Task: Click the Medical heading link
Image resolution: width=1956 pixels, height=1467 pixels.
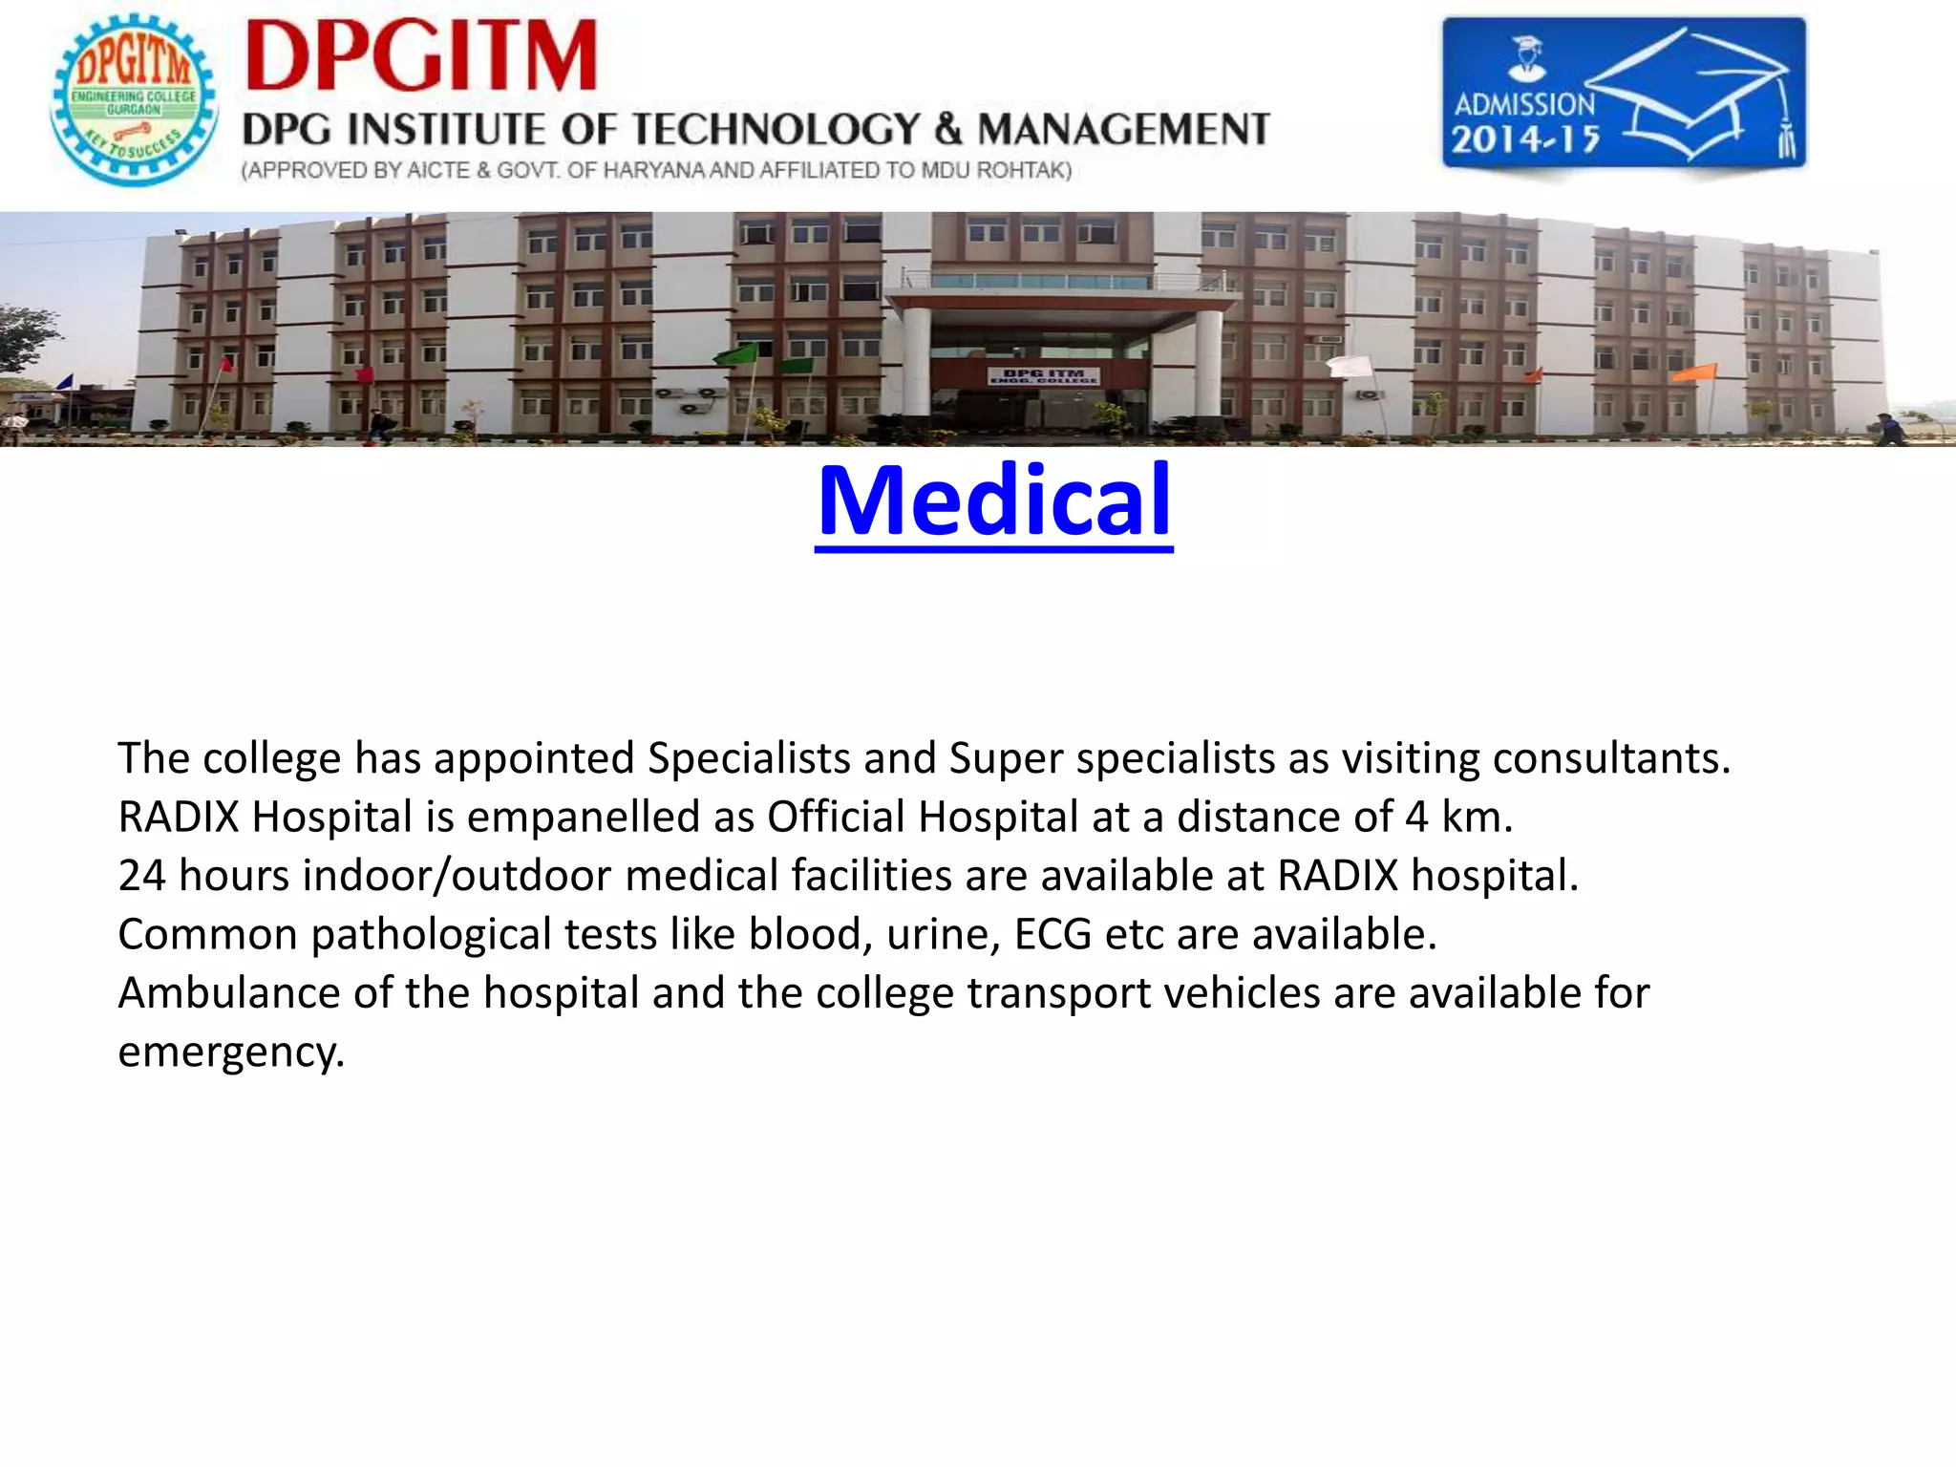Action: click(x=993, y=500)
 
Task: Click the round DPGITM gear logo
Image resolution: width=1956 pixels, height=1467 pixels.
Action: click(x=134, y=98)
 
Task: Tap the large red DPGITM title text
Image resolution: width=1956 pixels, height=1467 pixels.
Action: click(x=421, y=56)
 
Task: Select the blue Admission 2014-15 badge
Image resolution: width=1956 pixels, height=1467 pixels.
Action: click(x=1623, y=93)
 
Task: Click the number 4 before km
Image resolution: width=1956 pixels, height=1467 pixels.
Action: click(x=1416, y=818)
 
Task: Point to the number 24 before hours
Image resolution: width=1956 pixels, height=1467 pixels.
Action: click(x=141, y=876)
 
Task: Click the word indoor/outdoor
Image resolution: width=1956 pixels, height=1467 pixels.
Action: click(x=457, y=876)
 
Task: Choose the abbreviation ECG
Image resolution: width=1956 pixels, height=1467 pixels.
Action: click(x=1052, y=935)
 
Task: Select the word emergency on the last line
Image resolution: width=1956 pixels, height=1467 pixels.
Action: click(x=229, y=1052)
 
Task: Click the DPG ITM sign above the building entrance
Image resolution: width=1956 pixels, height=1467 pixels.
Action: click(x=1043, y=375)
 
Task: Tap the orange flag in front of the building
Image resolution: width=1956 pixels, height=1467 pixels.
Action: click(x=1696, y=372)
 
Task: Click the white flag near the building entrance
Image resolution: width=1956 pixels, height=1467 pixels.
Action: click(x=1350, y=366)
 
